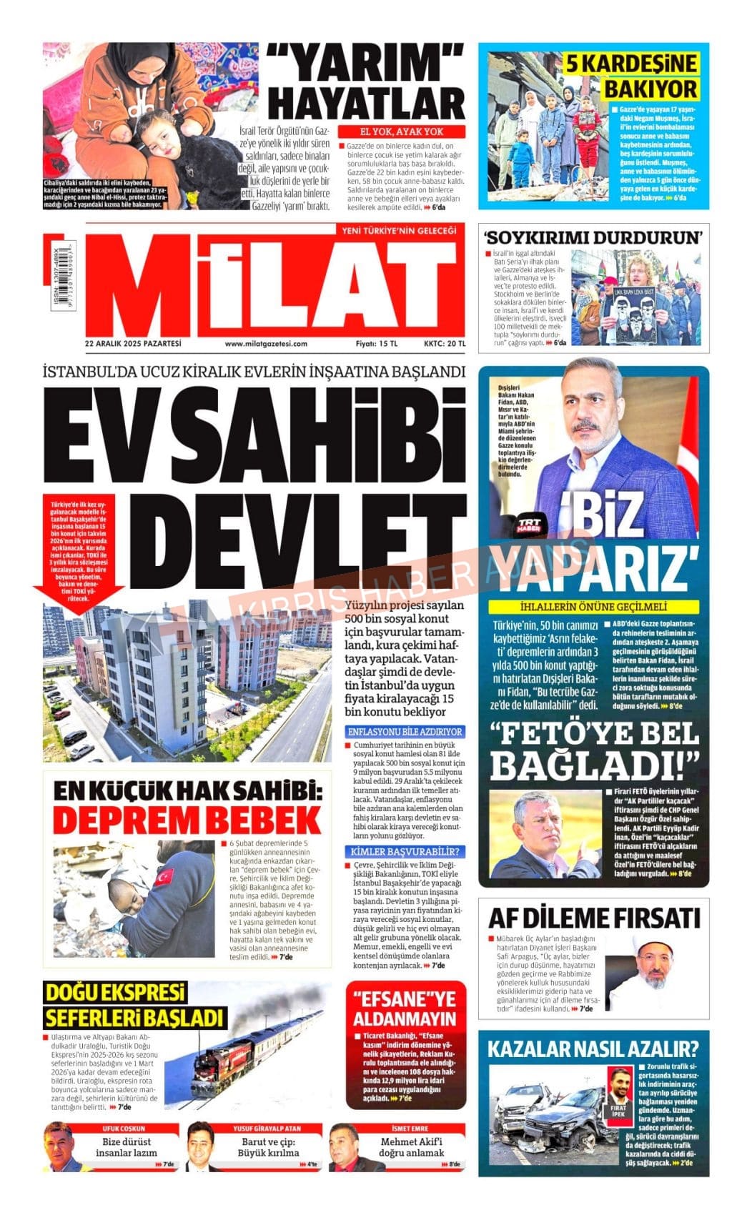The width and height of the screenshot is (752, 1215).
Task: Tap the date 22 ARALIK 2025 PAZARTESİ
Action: click(x=133, y=344)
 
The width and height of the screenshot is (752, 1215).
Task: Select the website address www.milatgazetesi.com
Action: click(x=266, y=344)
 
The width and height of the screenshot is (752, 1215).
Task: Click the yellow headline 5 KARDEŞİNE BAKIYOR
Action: click(x=630, y=76)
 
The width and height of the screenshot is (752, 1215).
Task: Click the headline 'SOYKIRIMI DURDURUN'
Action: click(x=593, y=237)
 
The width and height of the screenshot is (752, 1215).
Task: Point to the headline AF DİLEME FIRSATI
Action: click(x=593, y=917)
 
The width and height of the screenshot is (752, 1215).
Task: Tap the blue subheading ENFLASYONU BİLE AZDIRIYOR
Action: click(x=405, y=732)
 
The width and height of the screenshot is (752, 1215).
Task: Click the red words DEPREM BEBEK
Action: click(x=187, y=819)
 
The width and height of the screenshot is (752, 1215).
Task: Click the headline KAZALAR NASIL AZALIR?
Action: click(x=593, y=1049)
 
